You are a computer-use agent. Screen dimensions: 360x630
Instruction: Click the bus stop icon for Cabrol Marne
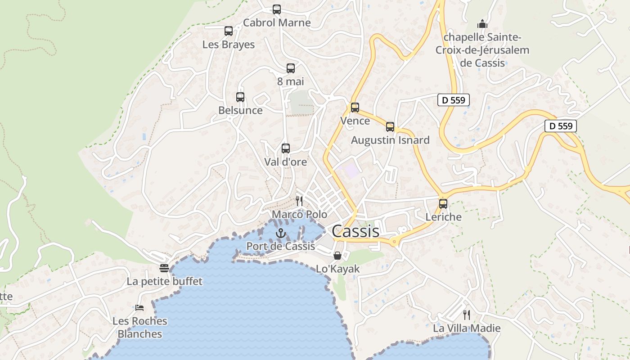[x=277, y=9]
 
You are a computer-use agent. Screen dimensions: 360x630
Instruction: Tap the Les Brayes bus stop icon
[x=229, y=31]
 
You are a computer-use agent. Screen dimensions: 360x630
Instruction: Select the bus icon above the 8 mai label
[x=291, y=68]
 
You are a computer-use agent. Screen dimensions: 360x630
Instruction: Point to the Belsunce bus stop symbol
[x=240, y=97]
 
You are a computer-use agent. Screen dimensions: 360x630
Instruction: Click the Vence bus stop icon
[x=355, y=108]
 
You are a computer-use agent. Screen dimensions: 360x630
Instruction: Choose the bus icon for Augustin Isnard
[x=390, y=127]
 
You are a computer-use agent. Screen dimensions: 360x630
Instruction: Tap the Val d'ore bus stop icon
[x=285, y=148]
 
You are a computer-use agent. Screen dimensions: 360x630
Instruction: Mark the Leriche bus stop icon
[x=443, y=204]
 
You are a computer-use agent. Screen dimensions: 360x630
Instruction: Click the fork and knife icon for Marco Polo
[x=299, y=201]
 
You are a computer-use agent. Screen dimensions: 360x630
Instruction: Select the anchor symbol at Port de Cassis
[x=281, y=233]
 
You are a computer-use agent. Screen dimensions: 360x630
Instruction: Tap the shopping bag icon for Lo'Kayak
[x=337, y=256]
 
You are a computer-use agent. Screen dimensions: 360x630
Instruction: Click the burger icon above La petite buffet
[x=164, y=268]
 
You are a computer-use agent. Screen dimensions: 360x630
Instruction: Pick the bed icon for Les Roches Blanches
[x=139, y=308]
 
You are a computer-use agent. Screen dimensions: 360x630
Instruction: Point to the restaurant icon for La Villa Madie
[x=467, y=315]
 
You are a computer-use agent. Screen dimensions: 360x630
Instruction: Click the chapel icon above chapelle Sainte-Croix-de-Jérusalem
[x=482, y=23]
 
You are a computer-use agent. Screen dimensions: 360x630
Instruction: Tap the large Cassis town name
[x=355, y=231]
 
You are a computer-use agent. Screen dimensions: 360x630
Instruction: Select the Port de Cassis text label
[x=280, y=246]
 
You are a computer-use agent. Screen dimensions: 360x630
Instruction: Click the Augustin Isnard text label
[x=390, y=140]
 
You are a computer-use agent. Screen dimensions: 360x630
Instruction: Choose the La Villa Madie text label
[x=467, y=328]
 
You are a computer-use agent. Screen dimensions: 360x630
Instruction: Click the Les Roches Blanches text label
[x=139, y=328]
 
